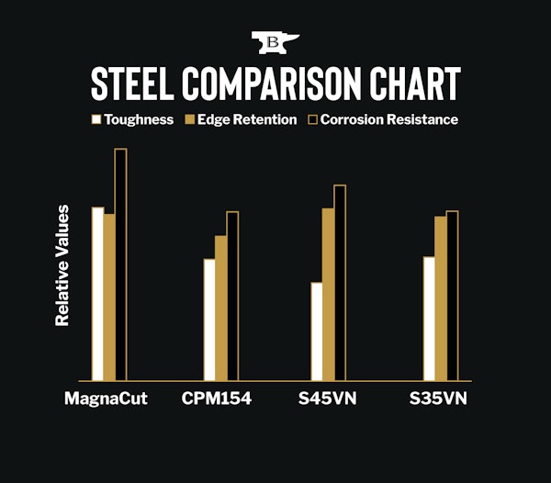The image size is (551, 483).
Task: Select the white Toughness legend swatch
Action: click(95, 119)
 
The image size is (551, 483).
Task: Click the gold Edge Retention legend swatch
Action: click(191, 119)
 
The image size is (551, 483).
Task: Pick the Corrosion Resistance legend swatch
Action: click(311, 119)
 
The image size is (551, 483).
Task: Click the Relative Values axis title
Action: click(62, 265)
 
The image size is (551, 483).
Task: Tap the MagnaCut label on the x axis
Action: click(107, 399)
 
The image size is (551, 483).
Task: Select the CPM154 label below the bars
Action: click(217, 399)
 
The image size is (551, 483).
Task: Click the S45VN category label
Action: click(326, 399)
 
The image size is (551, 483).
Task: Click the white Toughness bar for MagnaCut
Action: click(97, 294)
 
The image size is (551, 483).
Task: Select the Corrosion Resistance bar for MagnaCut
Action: click(120, 264)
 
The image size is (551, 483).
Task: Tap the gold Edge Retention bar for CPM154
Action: click(220, 308)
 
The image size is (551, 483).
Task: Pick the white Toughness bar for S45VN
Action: click(317, 331)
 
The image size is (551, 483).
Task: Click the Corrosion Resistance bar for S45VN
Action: click(340, 283)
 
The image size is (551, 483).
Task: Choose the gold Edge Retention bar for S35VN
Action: click(441, 298)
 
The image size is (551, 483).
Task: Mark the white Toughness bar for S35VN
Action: click(429, 319)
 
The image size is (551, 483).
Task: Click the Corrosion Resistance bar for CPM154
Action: click(232, 296)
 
